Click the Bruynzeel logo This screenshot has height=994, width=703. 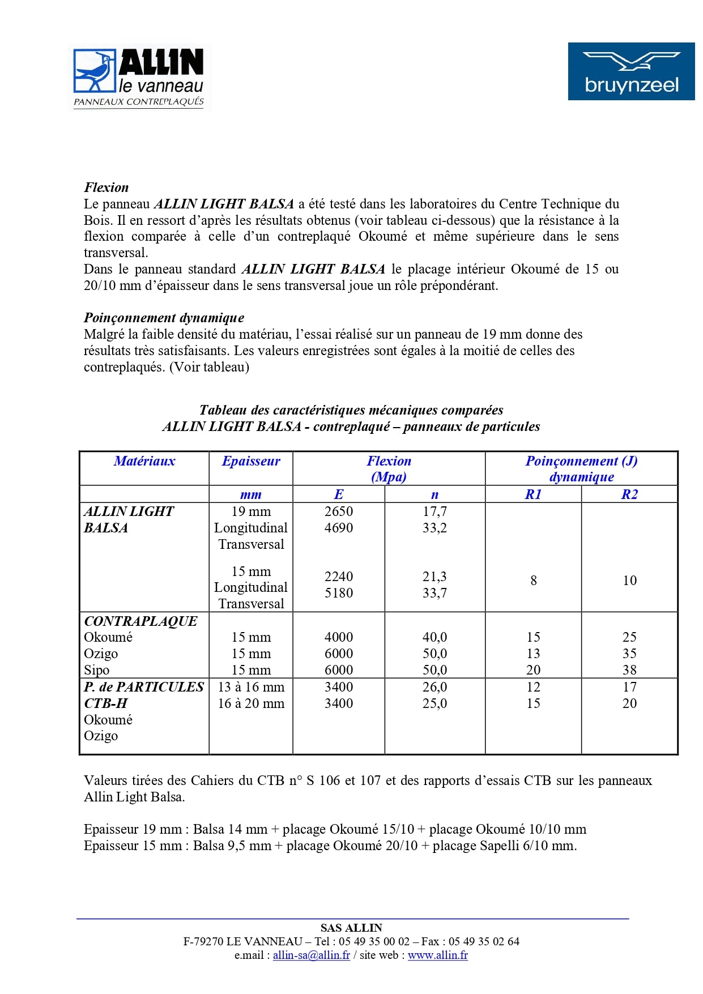point(631,71)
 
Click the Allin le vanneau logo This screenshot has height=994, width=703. point(139,78)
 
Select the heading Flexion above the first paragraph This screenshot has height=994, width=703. point(106,187)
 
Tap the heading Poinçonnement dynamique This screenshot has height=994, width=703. point(164,318)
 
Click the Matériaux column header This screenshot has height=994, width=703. point(144,461)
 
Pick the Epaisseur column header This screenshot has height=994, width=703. point(251,461)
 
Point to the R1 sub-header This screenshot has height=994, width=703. point(533,494)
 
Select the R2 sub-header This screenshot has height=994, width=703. point(629,494)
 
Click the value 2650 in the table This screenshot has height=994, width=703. point(339,511)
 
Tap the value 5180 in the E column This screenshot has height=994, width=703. point(339,593)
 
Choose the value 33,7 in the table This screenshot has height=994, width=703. point(434,593)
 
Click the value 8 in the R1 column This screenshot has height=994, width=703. point(534,581)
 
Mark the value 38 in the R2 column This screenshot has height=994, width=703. point(629,670)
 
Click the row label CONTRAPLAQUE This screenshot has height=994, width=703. point(140,621)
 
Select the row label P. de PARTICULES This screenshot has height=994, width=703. point(144,687)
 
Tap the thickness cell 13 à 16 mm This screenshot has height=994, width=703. point(251,687)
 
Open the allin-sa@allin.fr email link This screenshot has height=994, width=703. point(312,955)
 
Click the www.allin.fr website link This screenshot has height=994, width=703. point(438,955)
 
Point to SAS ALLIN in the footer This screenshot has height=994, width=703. point(351,928)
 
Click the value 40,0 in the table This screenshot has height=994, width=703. point(434,637)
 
